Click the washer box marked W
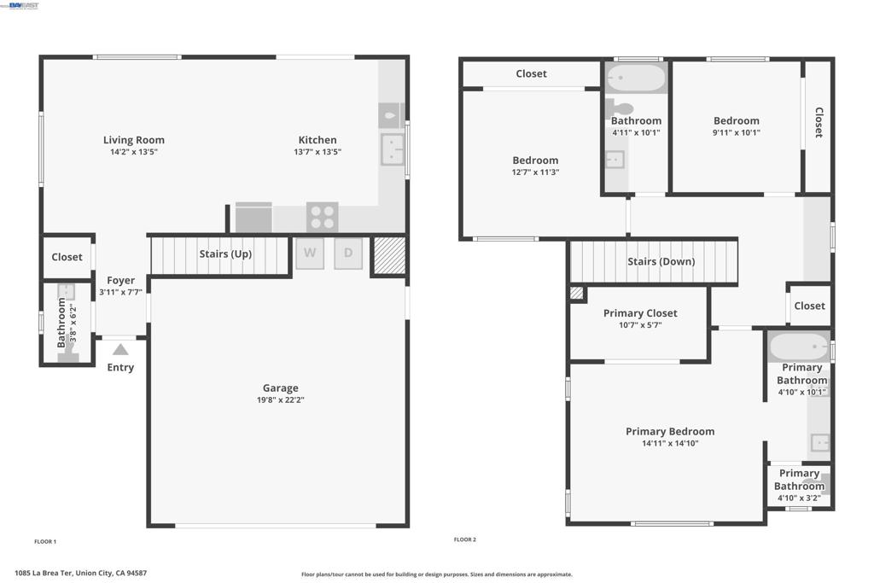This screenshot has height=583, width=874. coord(310,254)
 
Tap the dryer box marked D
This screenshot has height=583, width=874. coord(348,254)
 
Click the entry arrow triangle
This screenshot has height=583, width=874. coord(120,349)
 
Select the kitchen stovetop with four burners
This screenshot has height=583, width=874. coord(322,217)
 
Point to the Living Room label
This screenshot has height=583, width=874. coord(134,140)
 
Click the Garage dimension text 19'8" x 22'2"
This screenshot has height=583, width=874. coord(280,399)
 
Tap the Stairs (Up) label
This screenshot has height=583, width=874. coord(225,254)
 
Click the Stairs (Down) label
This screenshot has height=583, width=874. coord(661,261)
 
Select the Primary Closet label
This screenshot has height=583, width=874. coord(640,313)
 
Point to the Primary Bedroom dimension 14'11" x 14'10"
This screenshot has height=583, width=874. coord(670,443)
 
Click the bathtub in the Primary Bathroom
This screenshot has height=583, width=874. coord(799,347)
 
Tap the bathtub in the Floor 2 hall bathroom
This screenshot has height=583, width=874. coord(636,78)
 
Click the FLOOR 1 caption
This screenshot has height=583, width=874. coord(45,541)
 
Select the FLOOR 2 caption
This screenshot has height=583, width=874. coord(465,539)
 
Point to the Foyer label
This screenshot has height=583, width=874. coord(121,280)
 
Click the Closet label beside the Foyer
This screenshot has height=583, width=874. coord(67,257)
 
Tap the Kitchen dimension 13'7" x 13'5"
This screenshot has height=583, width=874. coord(318,152)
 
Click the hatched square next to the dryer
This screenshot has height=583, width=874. coord(389,255)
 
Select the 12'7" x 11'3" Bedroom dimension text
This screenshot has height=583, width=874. coord(536,172)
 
